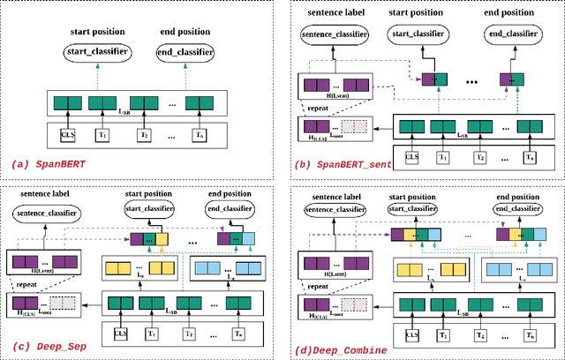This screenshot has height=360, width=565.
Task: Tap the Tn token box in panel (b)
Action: coord(529,158)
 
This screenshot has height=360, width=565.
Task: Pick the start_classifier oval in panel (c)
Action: coord(147,208)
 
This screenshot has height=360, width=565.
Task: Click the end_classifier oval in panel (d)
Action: coord(516,208)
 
